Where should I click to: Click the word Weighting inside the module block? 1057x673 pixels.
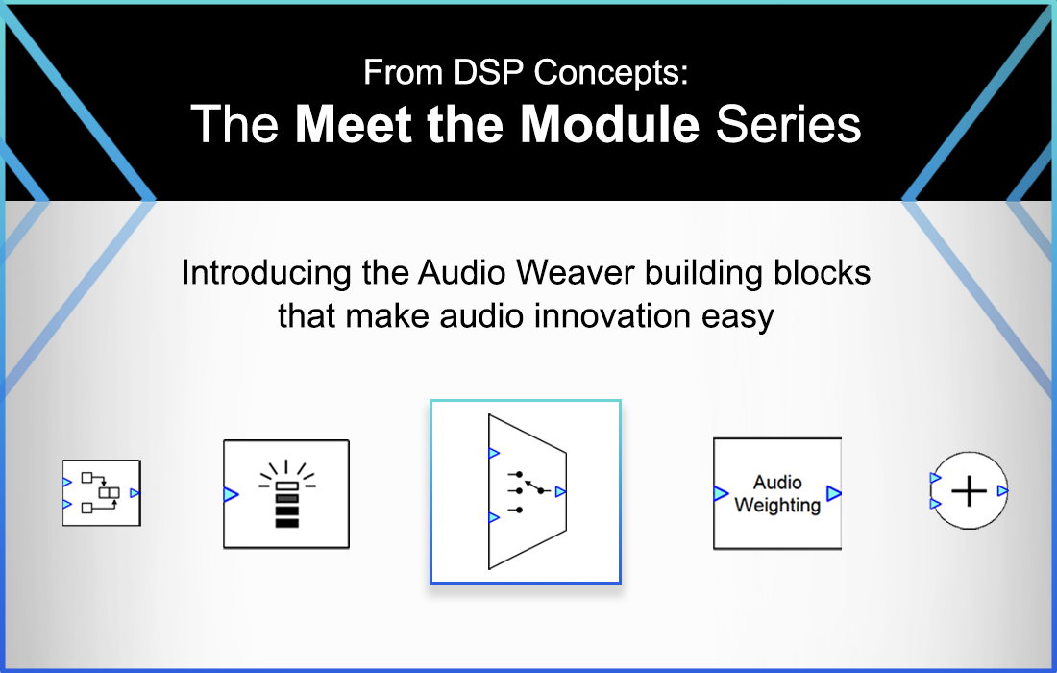click(777, 505)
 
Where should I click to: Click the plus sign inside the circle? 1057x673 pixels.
click(969, 491)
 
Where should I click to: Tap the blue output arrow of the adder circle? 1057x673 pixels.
click(1002, 491)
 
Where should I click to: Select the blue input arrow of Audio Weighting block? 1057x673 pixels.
click(721, 494)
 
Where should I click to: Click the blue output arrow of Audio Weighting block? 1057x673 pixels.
click(833, 494)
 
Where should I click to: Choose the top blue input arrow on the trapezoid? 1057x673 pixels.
click(494, 453)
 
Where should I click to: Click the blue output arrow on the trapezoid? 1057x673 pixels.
click(560, 491)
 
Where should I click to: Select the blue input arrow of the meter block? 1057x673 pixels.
click(231, 494)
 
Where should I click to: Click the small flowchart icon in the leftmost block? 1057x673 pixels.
click(101, 491)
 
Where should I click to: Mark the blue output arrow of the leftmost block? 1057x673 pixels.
click(135, 492)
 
